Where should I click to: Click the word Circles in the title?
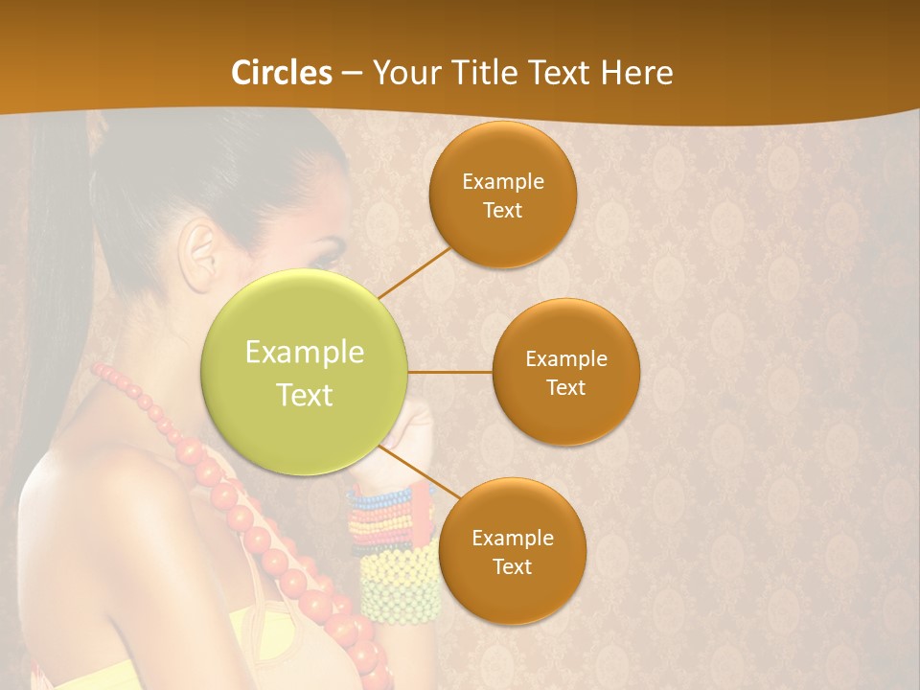[281, 73]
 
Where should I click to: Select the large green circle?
[305, 373]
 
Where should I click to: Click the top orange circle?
[502, 195]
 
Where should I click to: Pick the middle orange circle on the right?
[565, 372]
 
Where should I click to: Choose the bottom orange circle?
[512, 551]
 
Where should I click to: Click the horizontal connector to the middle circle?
[449, 372]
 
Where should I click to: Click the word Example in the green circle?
[305, 353]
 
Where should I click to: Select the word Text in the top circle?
[502, 210]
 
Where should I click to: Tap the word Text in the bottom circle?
[512, 566]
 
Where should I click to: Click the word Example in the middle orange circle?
[565, 358]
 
